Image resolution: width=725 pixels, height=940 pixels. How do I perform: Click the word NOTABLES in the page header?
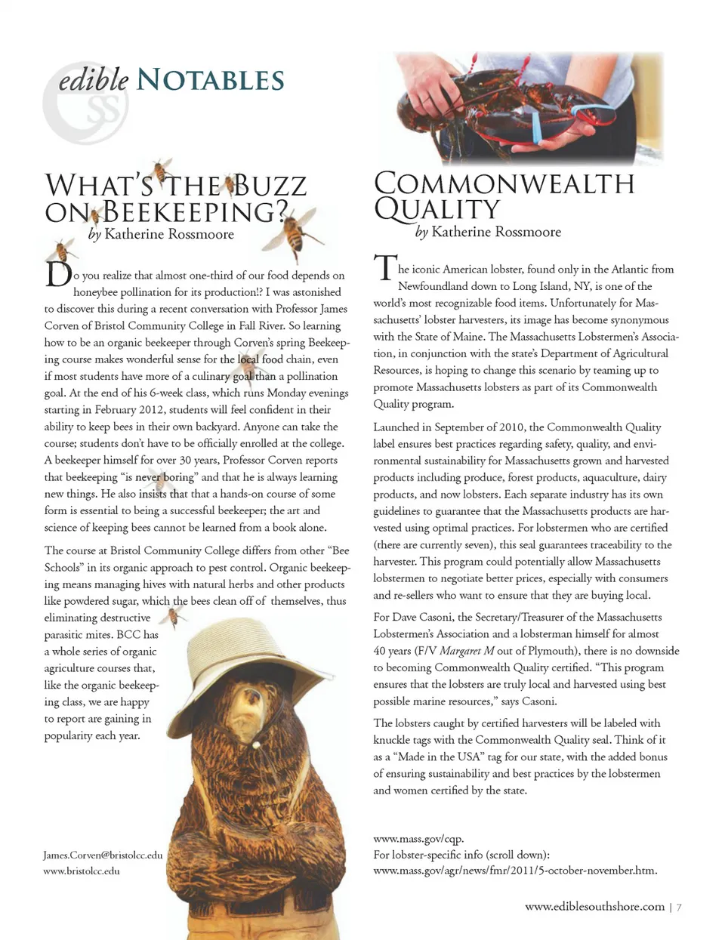click(x=211, y=80)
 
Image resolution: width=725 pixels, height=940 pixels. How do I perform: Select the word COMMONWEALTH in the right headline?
click(x=504, y=183)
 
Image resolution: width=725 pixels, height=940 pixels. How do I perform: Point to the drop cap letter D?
click(x=57, y=275)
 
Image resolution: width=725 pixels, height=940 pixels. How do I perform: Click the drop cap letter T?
click(x=384, y=269)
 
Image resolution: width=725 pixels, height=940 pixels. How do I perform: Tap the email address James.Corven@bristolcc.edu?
click(x=103, y=855)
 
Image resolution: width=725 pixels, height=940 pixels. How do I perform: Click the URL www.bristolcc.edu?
click(x=82, y=871)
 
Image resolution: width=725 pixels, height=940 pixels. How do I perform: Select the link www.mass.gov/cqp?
click(x=418, y=838)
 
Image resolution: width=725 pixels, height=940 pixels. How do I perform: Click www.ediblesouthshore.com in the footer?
click(x=594, y=906)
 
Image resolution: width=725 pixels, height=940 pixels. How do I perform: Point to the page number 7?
click(x=679, y=907)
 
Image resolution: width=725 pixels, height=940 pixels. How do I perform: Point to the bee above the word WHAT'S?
click(x=161, y=170)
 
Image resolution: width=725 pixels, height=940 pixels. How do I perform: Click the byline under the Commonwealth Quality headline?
click(x=488, y=232)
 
